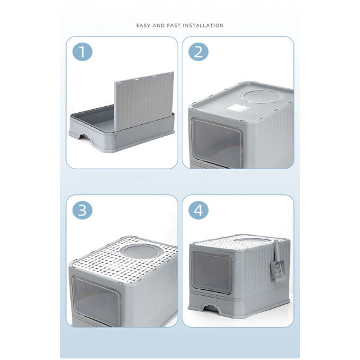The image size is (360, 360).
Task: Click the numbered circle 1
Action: (82, 52)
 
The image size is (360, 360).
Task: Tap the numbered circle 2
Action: (199, 52)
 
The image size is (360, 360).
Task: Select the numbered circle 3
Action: (82, 210)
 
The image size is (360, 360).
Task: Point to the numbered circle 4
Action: (199, 210)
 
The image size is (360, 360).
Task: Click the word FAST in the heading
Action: (173, 25)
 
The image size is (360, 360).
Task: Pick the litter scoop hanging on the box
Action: (277, 262)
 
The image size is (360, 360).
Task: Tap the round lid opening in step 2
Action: (260, 97)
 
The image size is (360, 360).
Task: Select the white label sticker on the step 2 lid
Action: (236, 108)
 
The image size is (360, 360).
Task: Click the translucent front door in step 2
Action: (217, 140)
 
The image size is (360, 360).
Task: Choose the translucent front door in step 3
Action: (97, 301)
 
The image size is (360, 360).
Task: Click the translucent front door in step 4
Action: (211, 272)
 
